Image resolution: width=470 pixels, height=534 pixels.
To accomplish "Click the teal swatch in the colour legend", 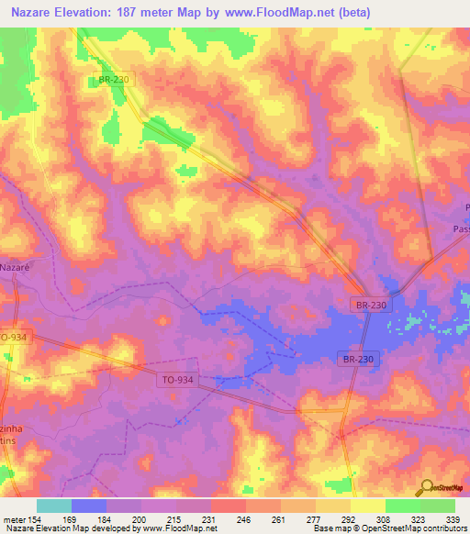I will pyautogui.click(x=54, y=506).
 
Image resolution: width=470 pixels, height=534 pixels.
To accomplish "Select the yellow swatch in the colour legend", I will pyautogui.click(x=367, y=506).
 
